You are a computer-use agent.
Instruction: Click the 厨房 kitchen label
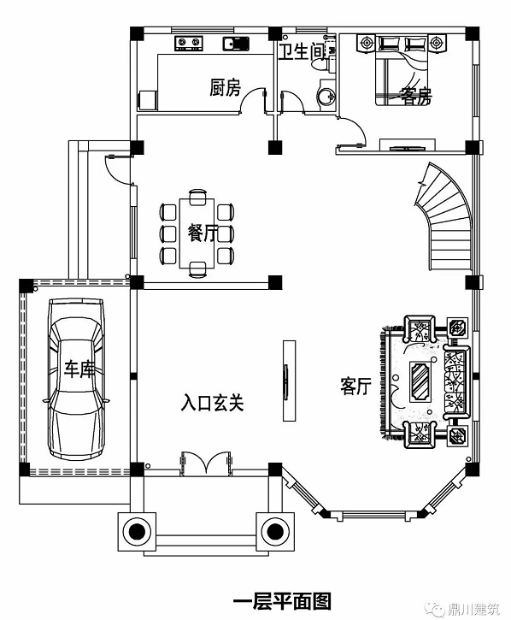(225, 88)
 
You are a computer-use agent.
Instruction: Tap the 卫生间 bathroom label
(301, 52)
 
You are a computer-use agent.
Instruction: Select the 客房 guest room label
(416, 96)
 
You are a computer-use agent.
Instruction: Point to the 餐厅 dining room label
(203, 233)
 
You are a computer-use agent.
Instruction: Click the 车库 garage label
(79, 369)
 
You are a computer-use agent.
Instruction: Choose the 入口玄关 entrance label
(213, 403)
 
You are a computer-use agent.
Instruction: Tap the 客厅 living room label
(356, 386)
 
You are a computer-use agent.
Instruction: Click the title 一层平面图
(282, 601)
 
